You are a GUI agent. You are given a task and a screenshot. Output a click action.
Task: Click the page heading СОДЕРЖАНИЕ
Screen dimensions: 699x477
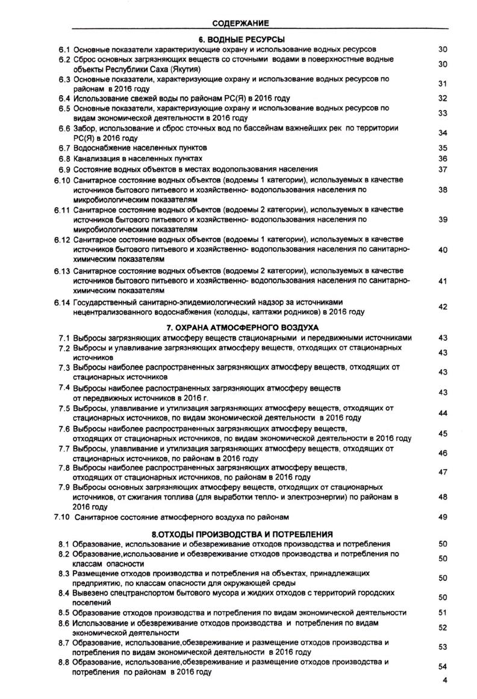[x=240, y=23]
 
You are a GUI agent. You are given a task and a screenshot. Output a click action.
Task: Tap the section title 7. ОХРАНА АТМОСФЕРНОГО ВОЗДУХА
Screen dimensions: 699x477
[x=242, y=328]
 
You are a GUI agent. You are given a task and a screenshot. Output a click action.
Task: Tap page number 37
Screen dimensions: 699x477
[x=443, y=169]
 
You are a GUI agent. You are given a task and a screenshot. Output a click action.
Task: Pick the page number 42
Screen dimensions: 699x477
[x=443, y=307]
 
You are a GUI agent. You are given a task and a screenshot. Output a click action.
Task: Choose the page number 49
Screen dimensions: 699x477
[x=443, y=517]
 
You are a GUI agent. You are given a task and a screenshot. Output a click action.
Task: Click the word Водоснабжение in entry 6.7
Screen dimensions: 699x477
[x=101, y=148]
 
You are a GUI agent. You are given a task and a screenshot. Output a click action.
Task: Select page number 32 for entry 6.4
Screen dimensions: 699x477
[x=443, y=98]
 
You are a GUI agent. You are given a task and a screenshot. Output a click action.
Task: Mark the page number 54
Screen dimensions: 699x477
[x=443, y=667]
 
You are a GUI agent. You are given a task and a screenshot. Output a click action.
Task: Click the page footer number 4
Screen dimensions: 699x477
[x=445, y=681]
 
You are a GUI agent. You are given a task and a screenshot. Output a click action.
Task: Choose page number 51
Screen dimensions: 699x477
[x=443, y=612]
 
